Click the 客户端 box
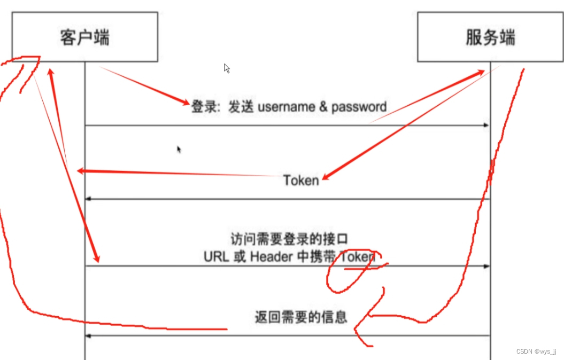coord(85,37)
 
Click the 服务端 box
coord(490,37)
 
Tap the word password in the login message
coord(359,107)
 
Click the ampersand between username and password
coord(323,107)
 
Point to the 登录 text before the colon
coord(203,107)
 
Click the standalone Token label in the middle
coord(301,181)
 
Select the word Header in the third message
coord(272,257)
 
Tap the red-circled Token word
coord(358,257)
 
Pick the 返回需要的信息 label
coord(301,317)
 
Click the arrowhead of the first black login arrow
coord(486,125)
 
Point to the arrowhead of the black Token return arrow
coord(89,199)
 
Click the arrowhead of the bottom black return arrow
coord(89,335)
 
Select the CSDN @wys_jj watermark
coord(536,351)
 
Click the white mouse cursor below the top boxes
coord(227,68)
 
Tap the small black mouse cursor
coord(179,150)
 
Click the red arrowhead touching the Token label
coord(325,179)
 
